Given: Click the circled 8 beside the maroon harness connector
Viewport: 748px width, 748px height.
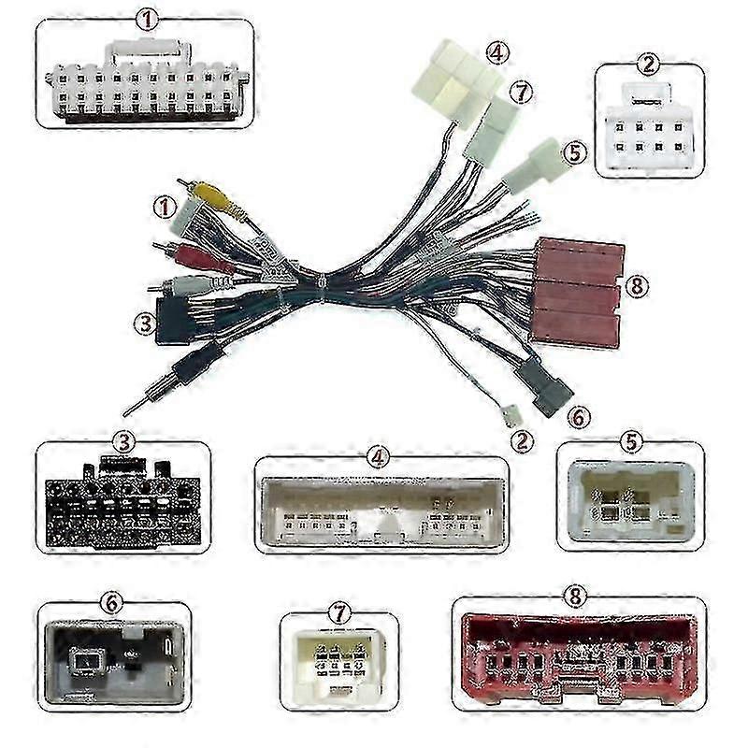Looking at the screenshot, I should pyautogui.click(x=637, y=286).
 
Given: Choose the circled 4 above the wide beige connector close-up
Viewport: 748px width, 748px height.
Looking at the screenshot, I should pyautogui.click(x=378, y=457).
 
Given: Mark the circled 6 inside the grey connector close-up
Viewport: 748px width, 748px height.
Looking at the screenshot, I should pyautogui.click(x=112, y=603).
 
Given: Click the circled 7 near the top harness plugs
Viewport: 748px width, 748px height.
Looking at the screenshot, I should pyautogui.click(x=522, y=91).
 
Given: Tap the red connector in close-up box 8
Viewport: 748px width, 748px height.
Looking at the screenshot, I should pyautogui.click(x=577, y=658).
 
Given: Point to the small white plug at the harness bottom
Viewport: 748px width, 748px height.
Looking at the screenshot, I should pyautogui.click(x=510, y=411).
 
